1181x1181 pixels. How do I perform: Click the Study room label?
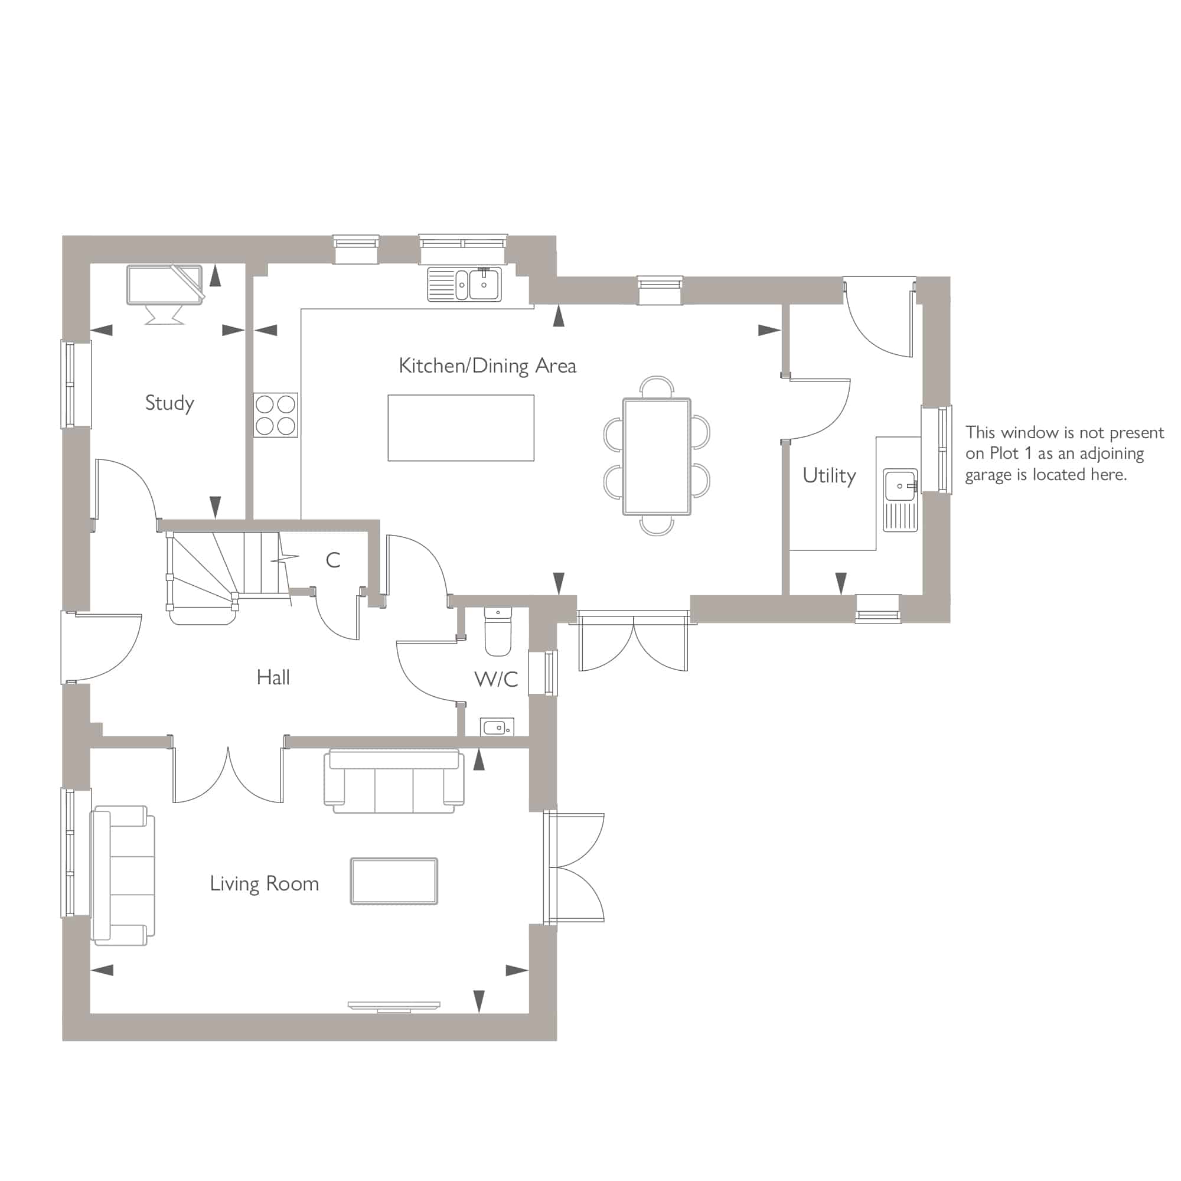coord(169,403)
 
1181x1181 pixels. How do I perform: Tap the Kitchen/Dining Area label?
coord(487,366)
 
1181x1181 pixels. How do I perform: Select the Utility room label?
coord(829,475)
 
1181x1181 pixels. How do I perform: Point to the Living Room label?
coord(264,884)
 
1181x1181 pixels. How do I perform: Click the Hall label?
coord(273,677)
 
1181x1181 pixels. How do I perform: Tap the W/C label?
coord(496,679)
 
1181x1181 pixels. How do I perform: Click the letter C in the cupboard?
coord(332,560)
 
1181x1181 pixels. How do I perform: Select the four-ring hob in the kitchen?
coord(276,415)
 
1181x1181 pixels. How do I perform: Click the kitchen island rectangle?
coord(461,428)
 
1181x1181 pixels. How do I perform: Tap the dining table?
coord(657,456)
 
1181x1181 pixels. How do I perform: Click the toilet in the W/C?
coord(498,631)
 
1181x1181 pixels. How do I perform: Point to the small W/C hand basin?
coord(497,727)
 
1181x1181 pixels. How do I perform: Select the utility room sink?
coord(900,500)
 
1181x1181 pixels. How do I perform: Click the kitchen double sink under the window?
coord(464,284)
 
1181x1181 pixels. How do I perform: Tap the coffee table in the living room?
coord(394,881)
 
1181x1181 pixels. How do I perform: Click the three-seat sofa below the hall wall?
coord(394,781)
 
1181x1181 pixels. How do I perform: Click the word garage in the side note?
coord(988,475)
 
